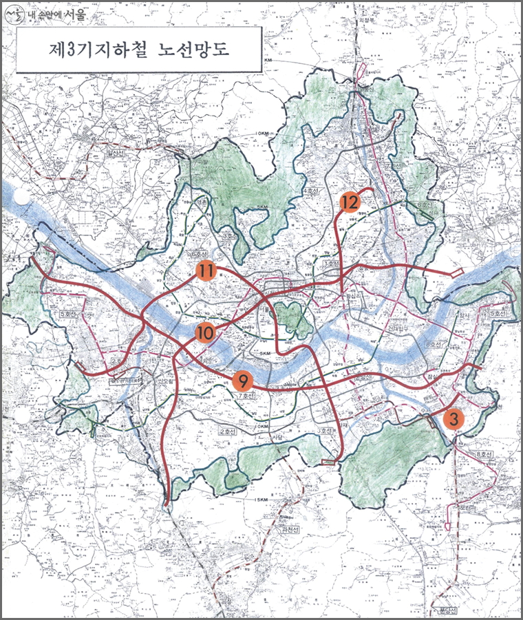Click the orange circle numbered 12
point(350,202)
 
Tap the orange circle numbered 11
point(206,271)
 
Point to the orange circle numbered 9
point(243,379)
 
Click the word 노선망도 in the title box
point(194,50)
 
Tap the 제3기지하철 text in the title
point(92,50)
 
